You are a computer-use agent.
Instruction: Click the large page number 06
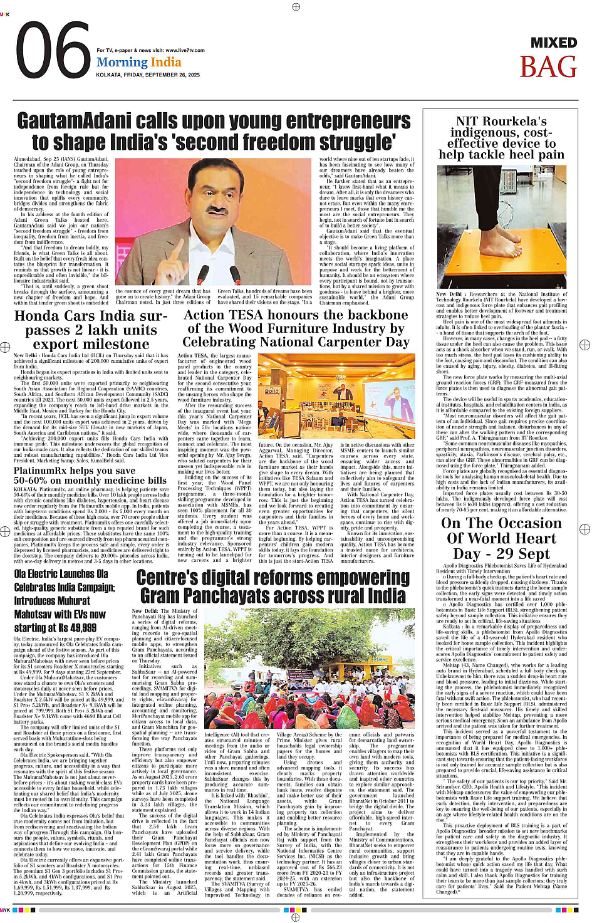pos(53,52)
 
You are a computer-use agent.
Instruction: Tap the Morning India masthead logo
pos(139,62)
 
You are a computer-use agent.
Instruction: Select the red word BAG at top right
pos(548,67)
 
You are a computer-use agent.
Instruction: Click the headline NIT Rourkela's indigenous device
pos(501,137)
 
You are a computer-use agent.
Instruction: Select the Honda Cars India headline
pos(91,330)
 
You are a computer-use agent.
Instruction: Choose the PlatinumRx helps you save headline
pos(90,475)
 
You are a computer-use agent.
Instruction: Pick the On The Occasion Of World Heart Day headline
pos(501,538)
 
